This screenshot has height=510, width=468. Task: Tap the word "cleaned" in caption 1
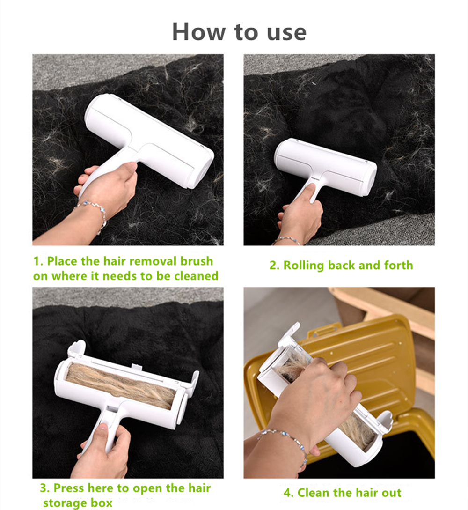[x=196, y=276]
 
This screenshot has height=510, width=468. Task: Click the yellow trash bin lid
[x=374, y=356]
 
